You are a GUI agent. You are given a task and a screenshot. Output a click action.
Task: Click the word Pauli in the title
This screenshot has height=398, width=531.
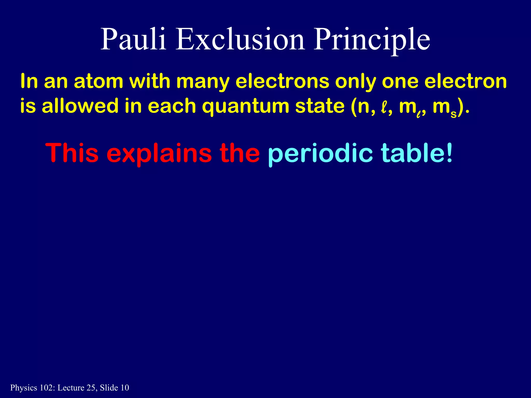click(x=133, y=40)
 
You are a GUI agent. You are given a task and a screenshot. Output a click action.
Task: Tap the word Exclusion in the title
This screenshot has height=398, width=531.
click(x=240, y=40)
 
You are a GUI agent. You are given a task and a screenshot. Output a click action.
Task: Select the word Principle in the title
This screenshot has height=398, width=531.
click(x=372, y=40)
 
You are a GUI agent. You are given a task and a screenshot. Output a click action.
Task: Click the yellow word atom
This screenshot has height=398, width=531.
click(x=99, y=81)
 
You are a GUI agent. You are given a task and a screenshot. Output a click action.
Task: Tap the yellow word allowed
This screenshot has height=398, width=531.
click(x=80, y=106)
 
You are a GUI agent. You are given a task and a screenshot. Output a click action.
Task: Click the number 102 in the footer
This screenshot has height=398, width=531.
click(x=46, y=388)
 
